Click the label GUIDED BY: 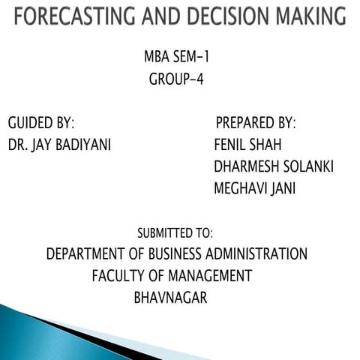pos(41,123)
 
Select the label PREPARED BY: pos(256,123)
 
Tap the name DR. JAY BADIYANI pos(59,145)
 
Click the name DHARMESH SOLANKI pos(274,166)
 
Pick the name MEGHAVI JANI pos(254,188)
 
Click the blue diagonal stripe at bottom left pos(45,322)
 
